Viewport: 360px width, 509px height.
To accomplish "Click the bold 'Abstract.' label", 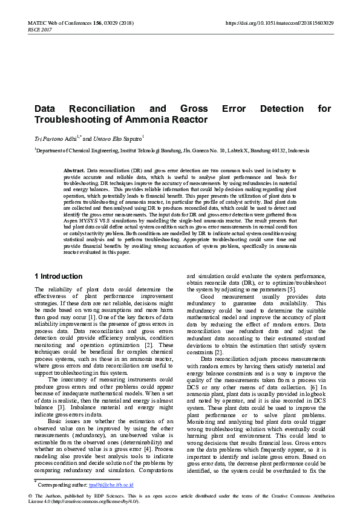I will (x=74, y=172).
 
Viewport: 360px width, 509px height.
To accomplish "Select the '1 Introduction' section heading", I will (x=59, y=276).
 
